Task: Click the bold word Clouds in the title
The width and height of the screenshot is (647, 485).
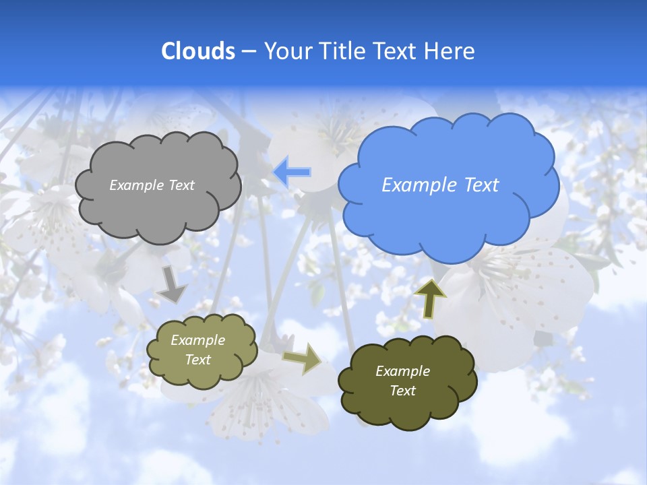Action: click(197, 51)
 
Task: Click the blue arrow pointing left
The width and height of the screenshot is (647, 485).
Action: click(292, 172)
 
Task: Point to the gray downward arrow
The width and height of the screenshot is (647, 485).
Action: click(173, 284)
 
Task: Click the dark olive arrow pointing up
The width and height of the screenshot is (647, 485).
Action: click(429, 298)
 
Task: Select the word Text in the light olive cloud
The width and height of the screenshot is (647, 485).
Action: click(198, 360)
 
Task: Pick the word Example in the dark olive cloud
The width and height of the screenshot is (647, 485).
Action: click(402, 371)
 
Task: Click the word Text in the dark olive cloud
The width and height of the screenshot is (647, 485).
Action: click(402, 391)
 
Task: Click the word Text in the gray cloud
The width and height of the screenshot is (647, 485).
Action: click(180, 185)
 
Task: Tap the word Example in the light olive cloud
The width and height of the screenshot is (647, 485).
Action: click(198, 340)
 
